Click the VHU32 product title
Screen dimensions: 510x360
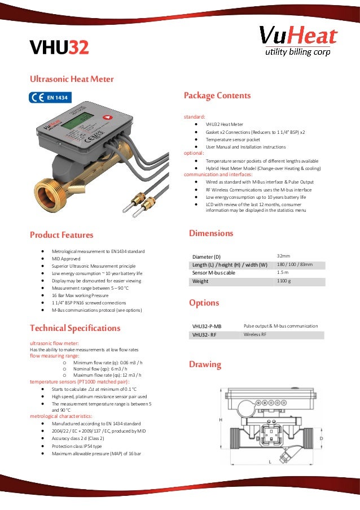pyautogui.click(x=59, y=48)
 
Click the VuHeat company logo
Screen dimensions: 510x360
pyautogui.click(x=298, y=41)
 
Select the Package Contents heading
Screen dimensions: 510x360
pyautogui.click(x=217, y=95)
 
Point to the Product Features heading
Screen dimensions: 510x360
pyautogui.click(x=62, y=235)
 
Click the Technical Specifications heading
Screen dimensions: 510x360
pyautogui.click(x=75, y=328)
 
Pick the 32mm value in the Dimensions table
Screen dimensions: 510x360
pyautogui.click(x=283, y=256)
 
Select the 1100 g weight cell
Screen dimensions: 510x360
pyautogui.click(x=283, y=281)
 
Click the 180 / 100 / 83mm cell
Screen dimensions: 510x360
pyautogui.click(x=295, y=264)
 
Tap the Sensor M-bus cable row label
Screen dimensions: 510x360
pyautogui.click(x=214, y=273)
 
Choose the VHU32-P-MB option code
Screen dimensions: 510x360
pyautogui.click(x=207, y=326)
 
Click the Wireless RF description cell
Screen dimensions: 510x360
pyautogui.click(x=255, y=334)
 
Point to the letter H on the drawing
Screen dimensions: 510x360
pyautogui.click(x=221, y=420)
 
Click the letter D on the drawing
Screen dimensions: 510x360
pyautogui.click(x=322, y=438)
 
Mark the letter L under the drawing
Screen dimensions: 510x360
pyautogui.click(x=270, y=461)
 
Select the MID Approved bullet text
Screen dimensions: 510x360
pyautogui.click(x=65, y=258)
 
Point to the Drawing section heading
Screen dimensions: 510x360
pyautogui.click(x=205, y=364)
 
